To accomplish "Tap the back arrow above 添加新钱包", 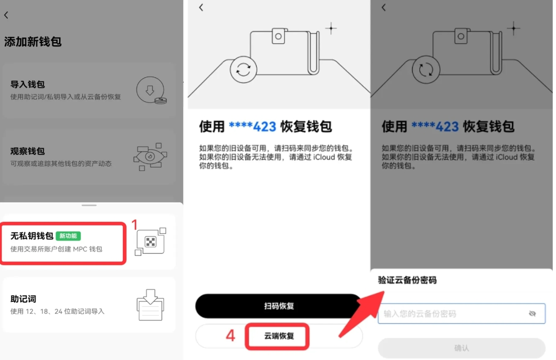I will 6,15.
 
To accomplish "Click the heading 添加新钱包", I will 33,42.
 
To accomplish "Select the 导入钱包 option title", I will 28,84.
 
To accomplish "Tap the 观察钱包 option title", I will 28,151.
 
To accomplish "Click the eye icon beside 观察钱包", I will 150,157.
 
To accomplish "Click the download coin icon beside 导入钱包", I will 151,90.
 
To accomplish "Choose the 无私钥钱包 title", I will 32,236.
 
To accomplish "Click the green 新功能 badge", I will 68,236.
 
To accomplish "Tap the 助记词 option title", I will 23,299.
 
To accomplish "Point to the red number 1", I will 134,224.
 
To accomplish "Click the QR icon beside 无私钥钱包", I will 150,241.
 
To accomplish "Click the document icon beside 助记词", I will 150,305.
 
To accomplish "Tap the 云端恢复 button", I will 279,336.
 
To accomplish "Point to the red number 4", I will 231,336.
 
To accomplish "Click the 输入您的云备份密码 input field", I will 453,314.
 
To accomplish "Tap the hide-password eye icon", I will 532,314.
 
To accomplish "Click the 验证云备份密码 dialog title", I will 407,281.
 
